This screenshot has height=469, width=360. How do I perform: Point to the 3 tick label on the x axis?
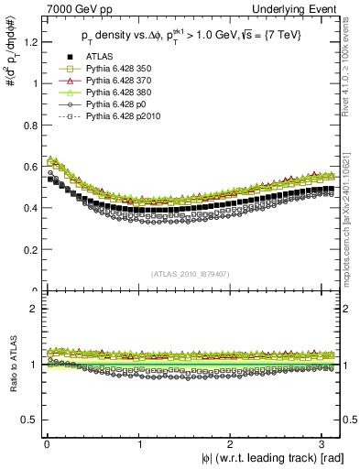(x=324, y=444)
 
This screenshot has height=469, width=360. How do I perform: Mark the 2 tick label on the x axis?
(x=232, y=444)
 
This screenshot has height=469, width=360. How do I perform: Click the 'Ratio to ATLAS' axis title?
(x=10, y=365)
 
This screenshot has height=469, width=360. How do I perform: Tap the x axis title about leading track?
(x=272, y=458)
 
